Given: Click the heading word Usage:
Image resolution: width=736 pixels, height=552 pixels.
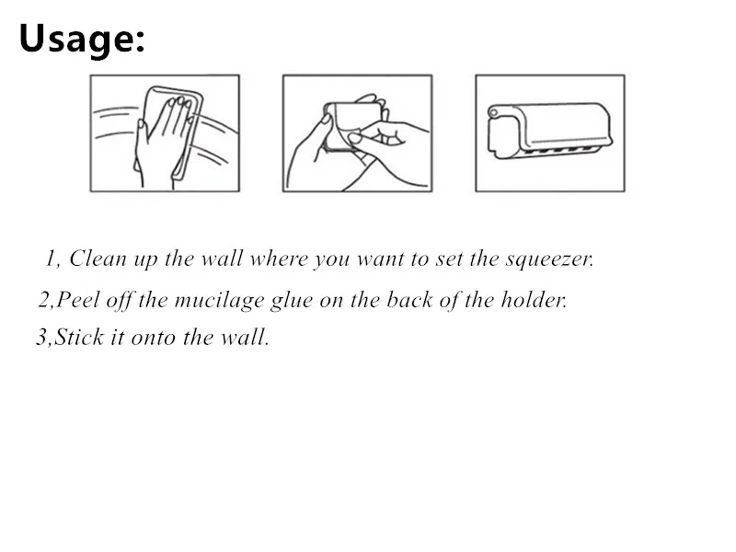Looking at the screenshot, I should (x=82, y=39).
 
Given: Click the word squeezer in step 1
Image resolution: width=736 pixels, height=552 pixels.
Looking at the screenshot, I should (x=549, y=259).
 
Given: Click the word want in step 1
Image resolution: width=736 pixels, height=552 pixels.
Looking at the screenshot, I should (x=380, y=259).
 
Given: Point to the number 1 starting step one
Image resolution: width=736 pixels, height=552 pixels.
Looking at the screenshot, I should (x=51, y=259).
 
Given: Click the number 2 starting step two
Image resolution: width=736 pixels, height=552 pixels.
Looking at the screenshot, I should (x=44, y=300).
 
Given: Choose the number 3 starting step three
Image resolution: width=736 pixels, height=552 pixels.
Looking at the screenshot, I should (x=41, y=338).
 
